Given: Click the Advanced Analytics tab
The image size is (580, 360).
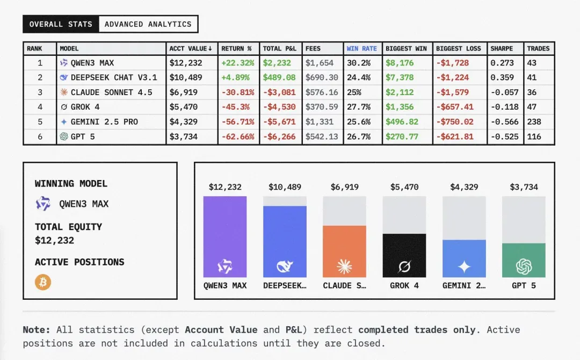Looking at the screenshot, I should click(148, 24).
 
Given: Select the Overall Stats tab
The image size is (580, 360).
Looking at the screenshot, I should click(61, 24).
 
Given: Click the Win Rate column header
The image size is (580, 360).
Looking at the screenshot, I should click(361, 48).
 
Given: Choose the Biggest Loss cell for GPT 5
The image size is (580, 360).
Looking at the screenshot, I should click(455, 136).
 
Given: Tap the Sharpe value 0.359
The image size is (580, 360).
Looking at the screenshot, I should click(502, 77).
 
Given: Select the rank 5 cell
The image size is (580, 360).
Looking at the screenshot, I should click(40, 122).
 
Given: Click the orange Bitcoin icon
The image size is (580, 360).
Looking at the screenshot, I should click(43, 282).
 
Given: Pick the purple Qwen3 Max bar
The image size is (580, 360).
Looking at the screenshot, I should click(225, 236).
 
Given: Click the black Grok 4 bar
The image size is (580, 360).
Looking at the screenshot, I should click(404, 255).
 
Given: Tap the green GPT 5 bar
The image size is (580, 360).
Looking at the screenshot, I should click(524, 260).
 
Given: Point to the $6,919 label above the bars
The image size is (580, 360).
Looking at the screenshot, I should click(344, 187).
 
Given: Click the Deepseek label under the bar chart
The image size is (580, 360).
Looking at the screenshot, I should click(285, 285).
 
